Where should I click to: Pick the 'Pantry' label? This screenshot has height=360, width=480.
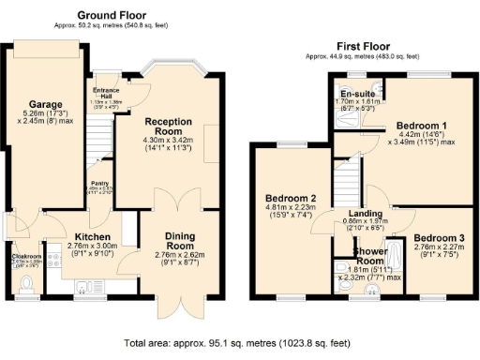click(x=99, y=185)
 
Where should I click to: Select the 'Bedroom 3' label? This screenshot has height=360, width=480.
click(x=439, y=238)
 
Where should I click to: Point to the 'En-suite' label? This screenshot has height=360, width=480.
click(x=358, y=95)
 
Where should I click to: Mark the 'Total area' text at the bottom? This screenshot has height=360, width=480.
click(x=239, y=343)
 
